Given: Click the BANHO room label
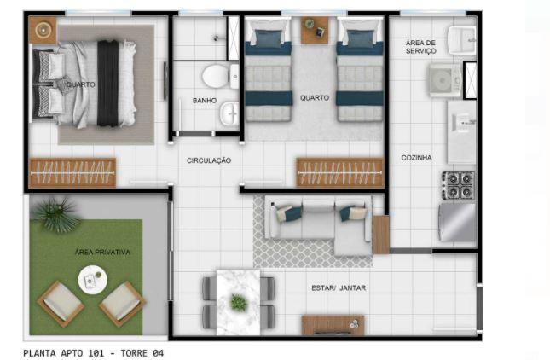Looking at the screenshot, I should coord(205,101).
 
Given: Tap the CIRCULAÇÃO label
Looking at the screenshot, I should coord(209,160).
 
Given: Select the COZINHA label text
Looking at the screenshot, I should coord(417,157).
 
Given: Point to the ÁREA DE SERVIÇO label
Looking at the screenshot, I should coord(420,46).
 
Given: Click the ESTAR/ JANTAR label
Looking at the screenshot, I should coord(339,287).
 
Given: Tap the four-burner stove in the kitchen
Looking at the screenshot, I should coord(458,184).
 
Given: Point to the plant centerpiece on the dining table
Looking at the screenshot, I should coord(239,302).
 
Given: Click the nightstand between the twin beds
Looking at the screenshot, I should coord(314,31).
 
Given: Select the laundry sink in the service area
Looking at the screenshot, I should coord(461,38).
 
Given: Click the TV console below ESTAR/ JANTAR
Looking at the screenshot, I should coord(333,324).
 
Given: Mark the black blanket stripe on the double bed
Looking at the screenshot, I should coord(108,84).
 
